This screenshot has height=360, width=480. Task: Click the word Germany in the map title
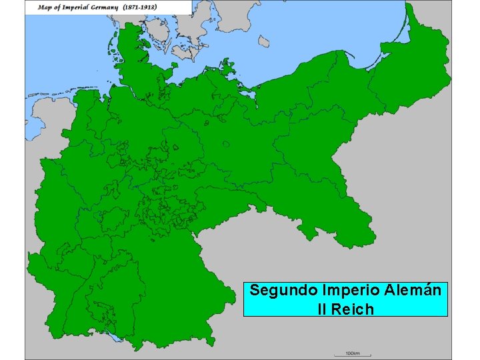tap(105, 7)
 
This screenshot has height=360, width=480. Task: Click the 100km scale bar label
tap(353, 352)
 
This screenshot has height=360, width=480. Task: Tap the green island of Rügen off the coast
tap(227, 66)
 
